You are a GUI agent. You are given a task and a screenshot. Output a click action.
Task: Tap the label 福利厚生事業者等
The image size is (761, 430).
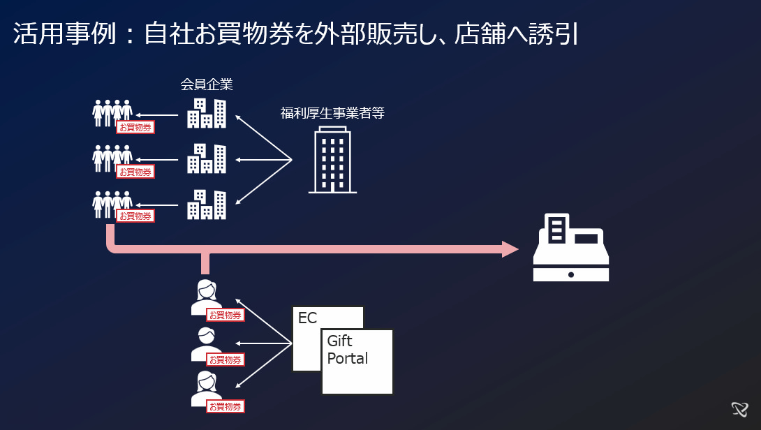coord(332,112)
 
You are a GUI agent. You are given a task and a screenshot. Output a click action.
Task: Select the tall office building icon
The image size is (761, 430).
coord(332,161)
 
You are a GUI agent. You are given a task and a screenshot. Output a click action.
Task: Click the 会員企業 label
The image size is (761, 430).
coord(206,85)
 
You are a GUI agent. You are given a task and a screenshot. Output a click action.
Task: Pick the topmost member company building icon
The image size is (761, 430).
coord(207,113)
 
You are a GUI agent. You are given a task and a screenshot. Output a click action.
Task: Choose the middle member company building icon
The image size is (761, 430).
coord(207,158)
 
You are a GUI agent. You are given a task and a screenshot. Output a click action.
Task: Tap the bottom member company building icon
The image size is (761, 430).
coord(207,204)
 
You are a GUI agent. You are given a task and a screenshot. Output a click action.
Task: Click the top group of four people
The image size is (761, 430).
coord(112,112)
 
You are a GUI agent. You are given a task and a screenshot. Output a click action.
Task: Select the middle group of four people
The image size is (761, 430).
coord(112,158)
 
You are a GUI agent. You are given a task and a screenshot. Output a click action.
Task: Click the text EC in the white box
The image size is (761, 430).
coord(307,319)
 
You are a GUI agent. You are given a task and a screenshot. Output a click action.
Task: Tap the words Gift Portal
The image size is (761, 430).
coord(347,350)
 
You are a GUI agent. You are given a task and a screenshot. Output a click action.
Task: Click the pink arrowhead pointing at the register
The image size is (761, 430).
coord(511,249)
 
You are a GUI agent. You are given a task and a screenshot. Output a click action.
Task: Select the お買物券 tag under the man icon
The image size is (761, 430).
coord(225,360)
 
